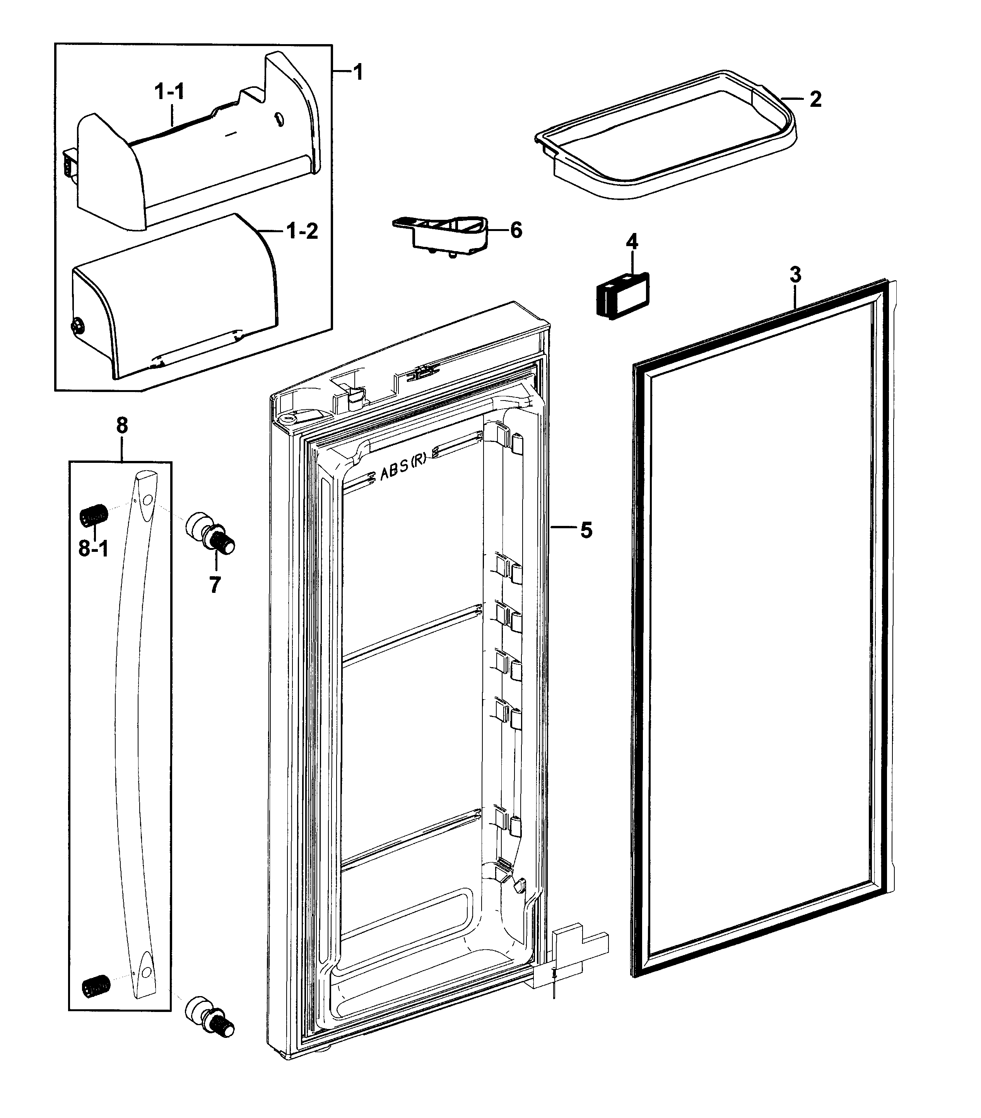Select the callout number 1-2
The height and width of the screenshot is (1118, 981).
click(x=303, y=231)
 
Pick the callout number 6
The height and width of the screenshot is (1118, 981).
click(x=516, y=230)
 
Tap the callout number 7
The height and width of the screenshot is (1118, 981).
click(x=214, y=585)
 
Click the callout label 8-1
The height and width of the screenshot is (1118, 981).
click(x=94, y=548)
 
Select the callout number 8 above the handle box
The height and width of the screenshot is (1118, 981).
click(x=121, y=425)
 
